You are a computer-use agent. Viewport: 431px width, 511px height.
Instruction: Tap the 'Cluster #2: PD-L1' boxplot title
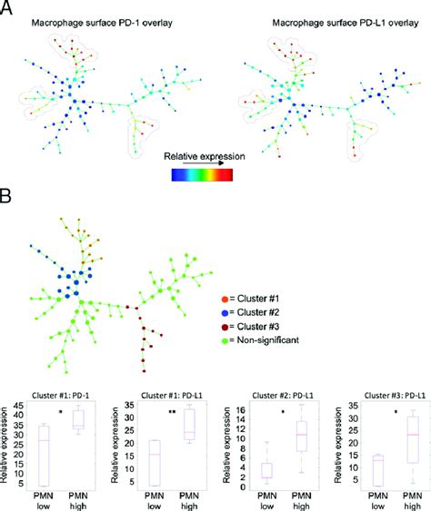[x=278, y=395]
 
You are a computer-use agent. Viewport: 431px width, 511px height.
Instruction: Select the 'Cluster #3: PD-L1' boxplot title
[x=388, y=395]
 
